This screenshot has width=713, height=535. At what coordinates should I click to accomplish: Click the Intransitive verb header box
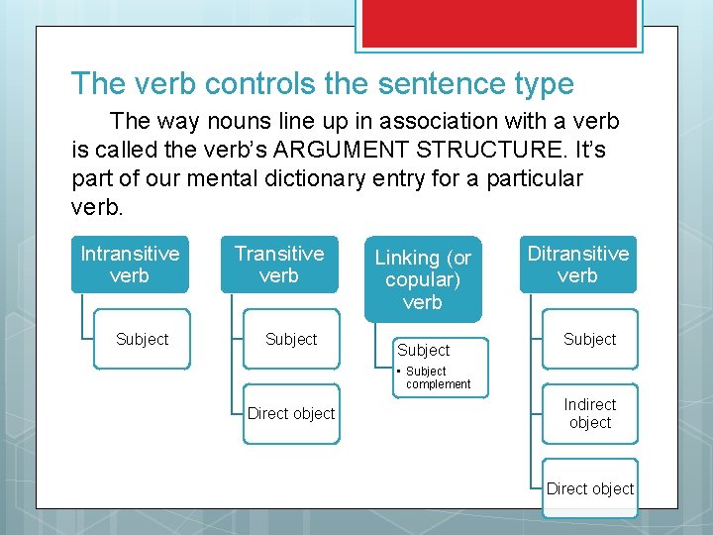[x=130, y=265]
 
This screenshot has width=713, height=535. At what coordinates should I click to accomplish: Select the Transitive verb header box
[x=278, y=265]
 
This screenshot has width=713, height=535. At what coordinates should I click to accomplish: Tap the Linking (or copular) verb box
[x=423, y=279]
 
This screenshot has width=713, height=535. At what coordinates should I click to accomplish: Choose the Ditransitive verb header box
[x=577, y=265]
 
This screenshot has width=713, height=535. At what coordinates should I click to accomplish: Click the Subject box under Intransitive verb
[x=142, y=339]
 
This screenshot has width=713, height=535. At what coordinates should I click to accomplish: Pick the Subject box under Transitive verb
[x=291, y=339]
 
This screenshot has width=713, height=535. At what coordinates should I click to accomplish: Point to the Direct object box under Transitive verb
[x=291, y=413]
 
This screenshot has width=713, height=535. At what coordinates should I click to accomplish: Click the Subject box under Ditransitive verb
[x=590, y=339]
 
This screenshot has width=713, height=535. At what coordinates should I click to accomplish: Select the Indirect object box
[x=590, y=413]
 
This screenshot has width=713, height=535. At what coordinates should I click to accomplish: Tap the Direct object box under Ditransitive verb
[x=590, y=488]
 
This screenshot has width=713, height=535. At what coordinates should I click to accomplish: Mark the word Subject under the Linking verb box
[x=423, y=350]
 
